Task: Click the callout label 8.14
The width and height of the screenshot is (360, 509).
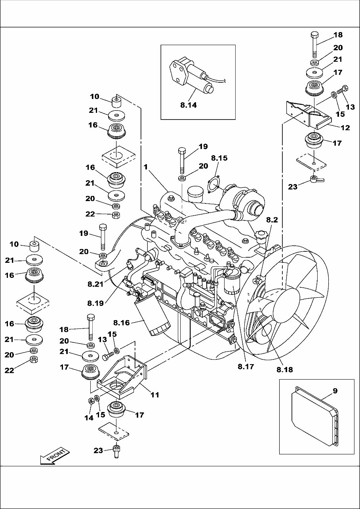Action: pyautogui.click(x=189, y=106)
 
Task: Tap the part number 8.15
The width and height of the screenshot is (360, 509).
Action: pyautogui.click(x=219, y=158)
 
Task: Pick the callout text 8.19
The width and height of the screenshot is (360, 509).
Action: pyautogui.click(x=96, y=304)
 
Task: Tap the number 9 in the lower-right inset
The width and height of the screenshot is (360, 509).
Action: pyautogui.click(x=335, y=391)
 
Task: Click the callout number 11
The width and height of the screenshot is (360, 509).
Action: pyautogui.click(x=154, y=395)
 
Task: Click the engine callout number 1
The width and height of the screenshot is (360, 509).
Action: pyautogui.click(x=146, y=167)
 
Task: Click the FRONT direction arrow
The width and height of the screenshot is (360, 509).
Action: pyautogui.click(x=55, y=457)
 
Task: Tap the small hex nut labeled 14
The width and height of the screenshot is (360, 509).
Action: pyautogui.click(x=90, y=401)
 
